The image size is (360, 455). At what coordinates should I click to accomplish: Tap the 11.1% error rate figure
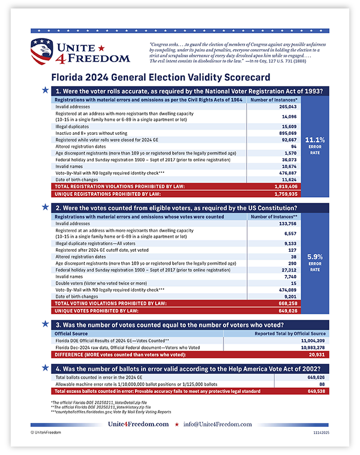[x=315, y=139]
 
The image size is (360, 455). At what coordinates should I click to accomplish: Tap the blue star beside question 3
[x=45, y=324]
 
